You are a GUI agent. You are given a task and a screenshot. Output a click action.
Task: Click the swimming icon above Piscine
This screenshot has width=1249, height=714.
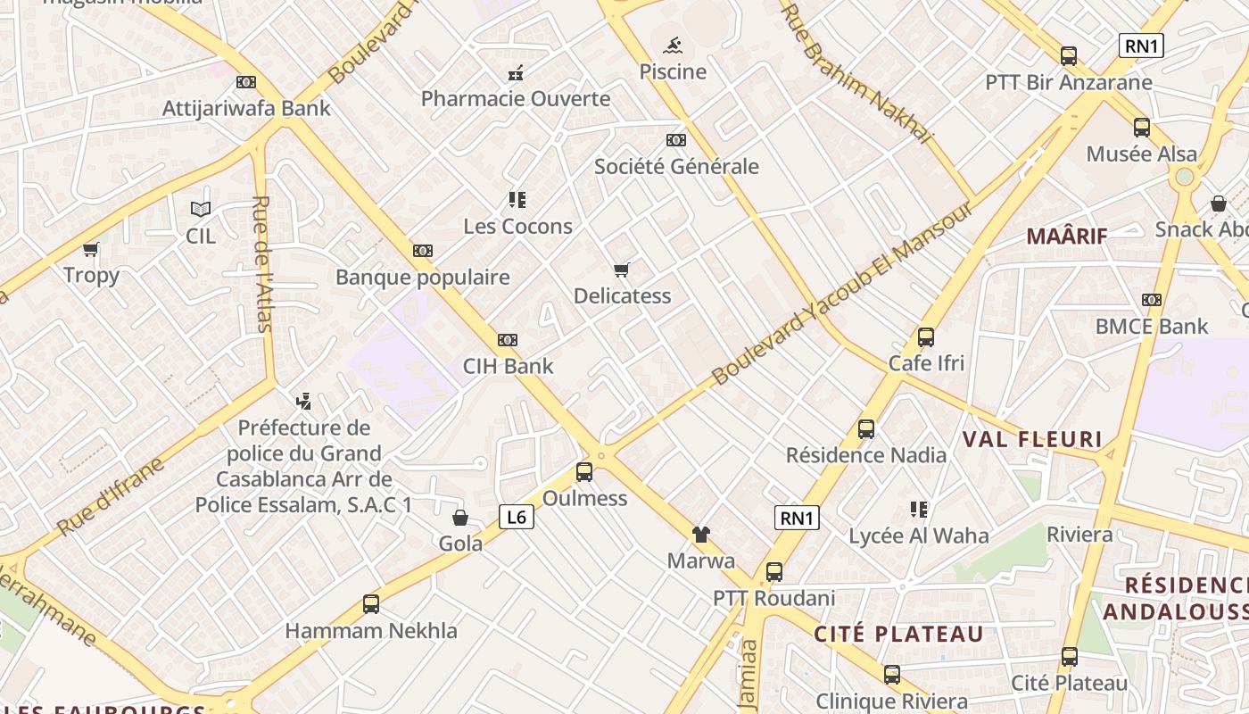click(x=674, y=45)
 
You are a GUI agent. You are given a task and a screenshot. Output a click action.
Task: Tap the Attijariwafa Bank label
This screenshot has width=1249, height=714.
click(x=246, y=109)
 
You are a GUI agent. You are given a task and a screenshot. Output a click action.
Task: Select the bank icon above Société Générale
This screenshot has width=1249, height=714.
click(x=676, y=140)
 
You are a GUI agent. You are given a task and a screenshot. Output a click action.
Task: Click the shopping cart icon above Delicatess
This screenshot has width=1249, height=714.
click(x=622, y=270)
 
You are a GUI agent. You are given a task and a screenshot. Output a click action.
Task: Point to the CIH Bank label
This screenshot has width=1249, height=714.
click(x=508, y=366)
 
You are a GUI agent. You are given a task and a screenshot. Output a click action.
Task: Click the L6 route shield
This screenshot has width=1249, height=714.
click(x=516, y=517)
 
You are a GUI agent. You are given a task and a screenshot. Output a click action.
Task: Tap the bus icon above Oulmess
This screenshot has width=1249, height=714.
click(x=584, y=472)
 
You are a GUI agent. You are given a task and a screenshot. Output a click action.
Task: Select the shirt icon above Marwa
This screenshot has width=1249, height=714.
click(x=701, y=535)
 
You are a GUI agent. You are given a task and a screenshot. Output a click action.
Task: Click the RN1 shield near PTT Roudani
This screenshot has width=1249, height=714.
click(x=796, y=518)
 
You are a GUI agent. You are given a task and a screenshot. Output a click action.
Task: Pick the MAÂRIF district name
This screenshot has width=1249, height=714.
click(x=1066, y=237)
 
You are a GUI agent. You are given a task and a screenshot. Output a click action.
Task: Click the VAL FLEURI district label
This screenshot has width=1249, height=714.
click(x=1032, y=439)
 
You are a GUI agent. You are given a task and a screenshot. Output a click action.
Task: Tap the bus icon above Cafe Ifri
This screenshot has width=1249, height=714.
click(x=926, y=337)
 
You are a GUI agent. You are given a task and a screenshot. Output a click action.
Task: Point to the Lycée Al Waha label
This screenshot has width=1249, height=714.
click(x=918, y=535)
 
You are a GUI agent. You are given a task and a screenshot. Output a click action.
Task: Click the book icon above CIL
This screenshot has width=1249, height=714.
click(x=201, y=210)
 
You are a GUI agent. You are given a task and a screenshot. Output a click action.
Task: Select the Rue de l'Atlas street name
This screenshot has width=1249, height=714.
click(x=261, y=264)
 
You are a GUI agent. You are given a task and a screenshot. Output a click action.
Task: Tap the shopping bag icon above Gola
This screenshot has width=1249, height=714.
click(x=460, y=518)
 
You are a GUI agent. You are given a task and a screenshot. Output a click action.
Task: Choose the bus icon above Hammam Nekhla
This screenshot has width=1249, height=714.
click(x=371, y=604)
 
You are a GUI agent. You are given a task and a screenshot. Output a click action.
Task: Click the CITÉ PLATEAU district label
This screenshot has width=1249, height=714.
click(x=898, y=635)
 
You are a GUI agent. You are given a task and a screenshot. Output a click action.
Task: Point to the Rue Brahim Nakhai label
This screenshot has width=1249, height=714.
click(x=856, y=72)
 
